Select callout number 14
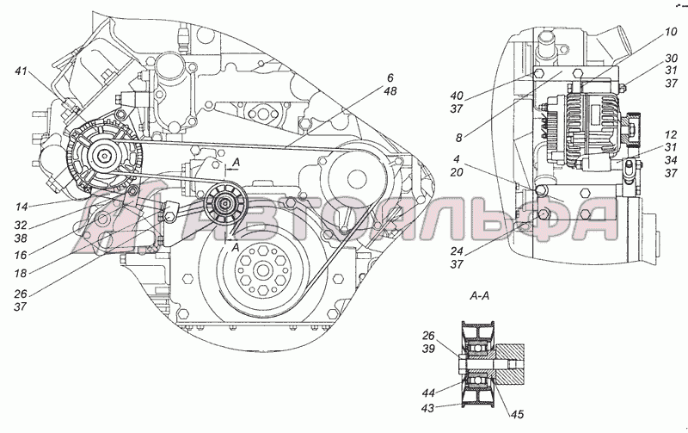click(21, 207)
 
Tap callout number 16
click(21, 255)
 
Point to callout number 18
click(21, 273)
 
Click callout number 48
click(390, 91)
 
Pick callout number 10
click(671, 32)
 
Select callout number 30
click(671, 58)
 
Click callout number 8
click(459, 138)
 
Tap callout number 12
click(671, 134)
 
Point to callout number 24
click(457, 251)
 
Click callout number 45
click(518, 414)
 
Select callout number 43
click(427, 408)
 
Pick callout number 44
click(427, 393)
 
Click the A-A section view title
click(480, 296)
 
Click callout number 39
click(428, 349)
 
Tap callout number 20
click(457, 172)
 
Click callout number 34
click(671, 160)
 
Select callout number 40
click(457, 96)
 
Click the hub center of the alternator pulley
click(103, 156)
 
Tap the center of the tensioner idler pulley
click(225, 202)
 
